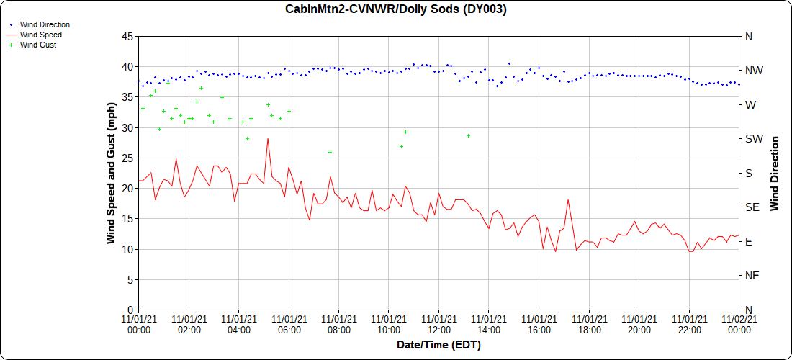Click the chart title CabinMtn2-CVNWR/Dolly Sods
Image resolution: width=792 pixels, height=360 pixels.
[396, 9]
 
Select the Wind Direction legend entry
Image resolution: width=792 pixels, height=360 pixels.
[45, 24]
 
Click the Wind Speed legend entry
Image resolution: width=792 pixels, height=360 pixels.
[41, 35]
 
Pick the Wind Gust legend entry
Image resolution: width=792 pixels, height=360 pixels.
[38, 45]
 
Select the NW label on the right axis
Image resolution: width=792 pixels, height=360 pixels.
[754, 71]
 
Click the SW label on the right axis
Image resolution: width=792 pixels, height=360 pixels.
[754, 139]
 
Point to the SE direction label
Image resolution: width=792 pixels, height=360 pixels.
[752, 207]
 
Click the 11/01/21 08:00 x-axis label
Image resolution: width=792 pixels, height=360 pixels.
[338, 324]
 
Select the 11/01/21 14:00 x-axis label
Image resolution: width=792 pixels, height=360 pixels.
[489, 324]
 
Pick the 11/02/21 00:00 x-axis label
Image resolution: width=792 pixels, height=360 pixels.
[739, 324]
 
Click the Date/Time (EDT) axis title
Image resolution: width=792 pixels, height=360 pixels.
[438, 345]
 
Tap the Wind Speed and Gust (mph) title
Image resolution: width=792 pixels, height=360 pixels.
[111, 173]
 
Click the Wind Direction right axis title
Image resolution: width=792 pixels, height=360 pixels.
[775, 173]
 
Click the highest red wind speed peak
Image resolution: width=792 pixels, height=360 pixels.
[268, 139]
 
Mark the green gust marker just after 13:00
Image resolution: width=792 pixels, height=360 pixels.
[468, 135]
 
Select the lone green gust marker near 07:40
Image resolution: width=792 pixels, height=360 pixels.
[330, 152]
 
